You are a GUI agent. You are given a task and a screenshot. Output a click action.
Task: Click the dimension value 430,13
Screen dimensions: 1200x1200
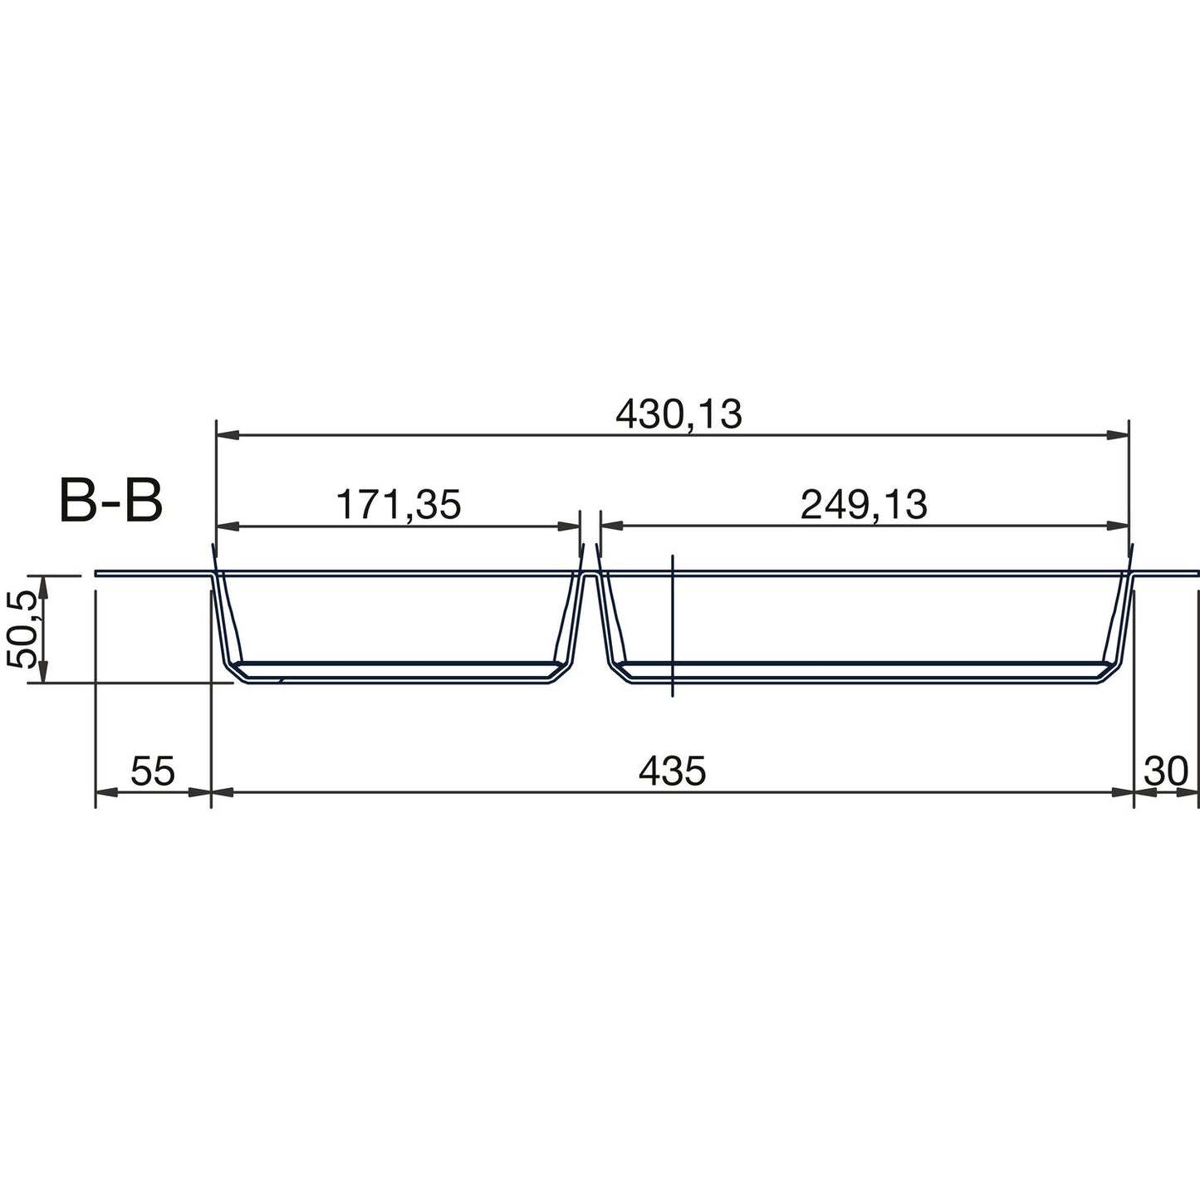[x=678, y=414]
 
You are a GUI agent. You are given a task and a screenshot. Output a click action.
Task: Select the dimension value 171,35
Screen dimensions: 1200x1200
[x=398, y=505]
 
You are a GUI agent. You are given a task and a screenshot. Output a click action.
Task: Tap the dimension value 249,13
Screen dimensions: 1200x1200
[x=864, y=505]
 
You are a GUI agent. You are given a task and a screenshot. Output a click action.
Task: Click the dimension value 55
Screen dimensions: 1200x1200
[x=154, y=771]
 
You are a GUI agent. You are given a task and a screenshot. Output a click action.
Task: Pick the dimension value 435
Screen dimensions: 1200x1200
[x=672, y=771]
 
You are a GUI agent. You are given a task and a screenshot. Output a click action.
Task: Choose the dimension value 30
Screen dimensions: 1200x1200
[x=1167, y=771]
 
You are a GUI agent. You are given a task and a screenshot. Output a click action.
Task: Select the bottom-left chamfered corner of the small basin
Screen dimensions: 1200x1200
[x=237, y=673]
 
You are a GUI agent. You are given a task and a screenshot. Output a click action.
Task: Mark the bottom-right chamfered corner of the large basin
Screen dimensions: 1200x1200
[x=1111, y=673]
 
